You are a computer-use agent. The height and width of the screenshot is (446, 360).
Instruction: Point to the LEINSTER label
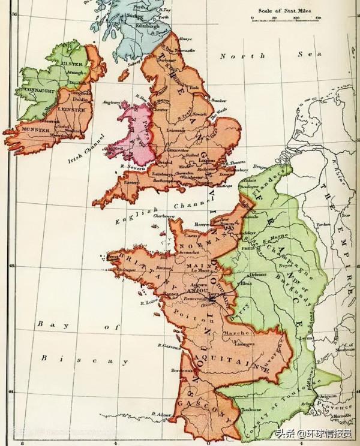click(x=72, y=110)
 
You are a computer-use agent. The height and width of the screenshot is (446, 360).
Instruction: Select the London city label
click(x=206, y=161)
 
